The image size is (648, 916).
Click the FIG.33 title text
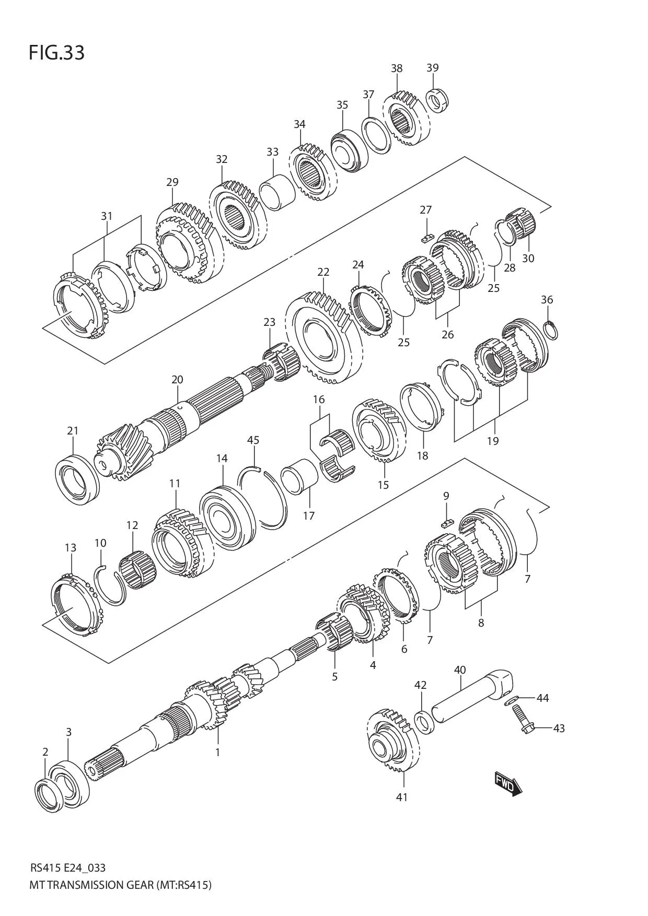[x=56, y=53]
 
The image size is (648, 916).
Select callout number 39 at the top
[x=432, y=68]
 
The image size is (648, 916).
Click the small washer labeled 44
[x=511, y=700]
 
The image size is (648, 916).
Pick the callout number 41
[x=401, y=797]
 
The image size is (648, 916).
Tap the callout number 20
[x=177, y=380]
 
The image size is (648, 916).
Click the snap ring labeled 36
[x=551, y=331]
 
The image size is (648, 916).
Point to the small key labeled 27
[x=426, y=238]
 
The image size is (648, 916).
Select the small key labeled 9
[x=446, y=522]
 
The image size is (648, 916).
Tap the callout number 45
[x=253, y=440]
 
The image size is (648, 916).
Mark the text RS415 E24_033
[x=68, y=868]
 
